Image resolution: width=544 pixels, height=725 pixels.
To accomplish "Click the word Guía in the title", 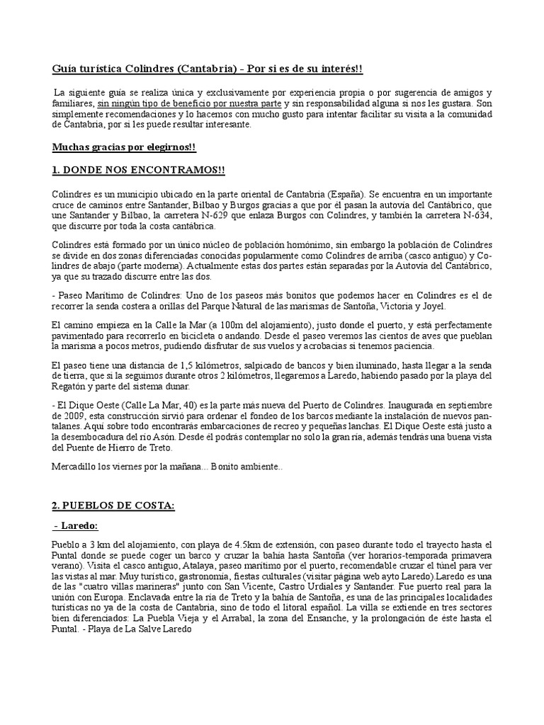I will point(64,68).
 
